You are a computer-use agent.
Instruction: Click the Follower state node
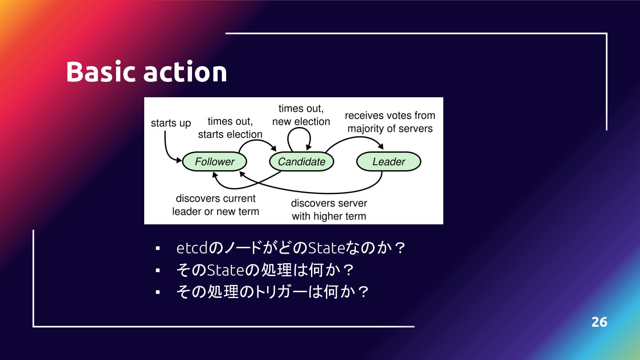tap(215, 162)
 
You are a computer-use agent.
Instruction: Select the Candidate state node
tap(302, 162)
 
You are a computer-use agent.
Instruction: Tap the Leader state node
tap(389, 162)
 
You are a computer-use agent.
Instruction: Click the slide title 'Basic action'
tap(146, 71)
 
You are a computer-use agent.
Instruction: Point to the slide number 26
tap(599, 322)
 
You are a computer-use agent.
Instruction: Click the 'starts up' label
tap(171, 123)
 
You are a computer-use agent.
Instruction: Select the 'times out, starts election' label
tap(230, 128)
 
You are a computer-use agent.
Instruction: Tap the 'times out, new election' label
tap(301, 115)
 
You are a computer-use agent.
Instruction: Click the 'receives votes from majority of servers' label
tap(390, 122)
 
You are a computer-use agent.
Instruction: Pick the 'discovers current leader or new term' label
tap(215, 205)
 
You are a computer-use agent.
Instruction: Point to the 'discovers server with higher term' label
tap(329, 209)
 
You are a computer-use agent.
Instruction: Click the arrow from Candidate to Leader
tap(354, 139)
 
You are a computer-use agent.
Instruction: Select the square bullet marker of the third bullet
tap(158, 292)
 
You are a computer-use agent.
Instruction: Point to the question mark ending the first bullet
tap(400, 248)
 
